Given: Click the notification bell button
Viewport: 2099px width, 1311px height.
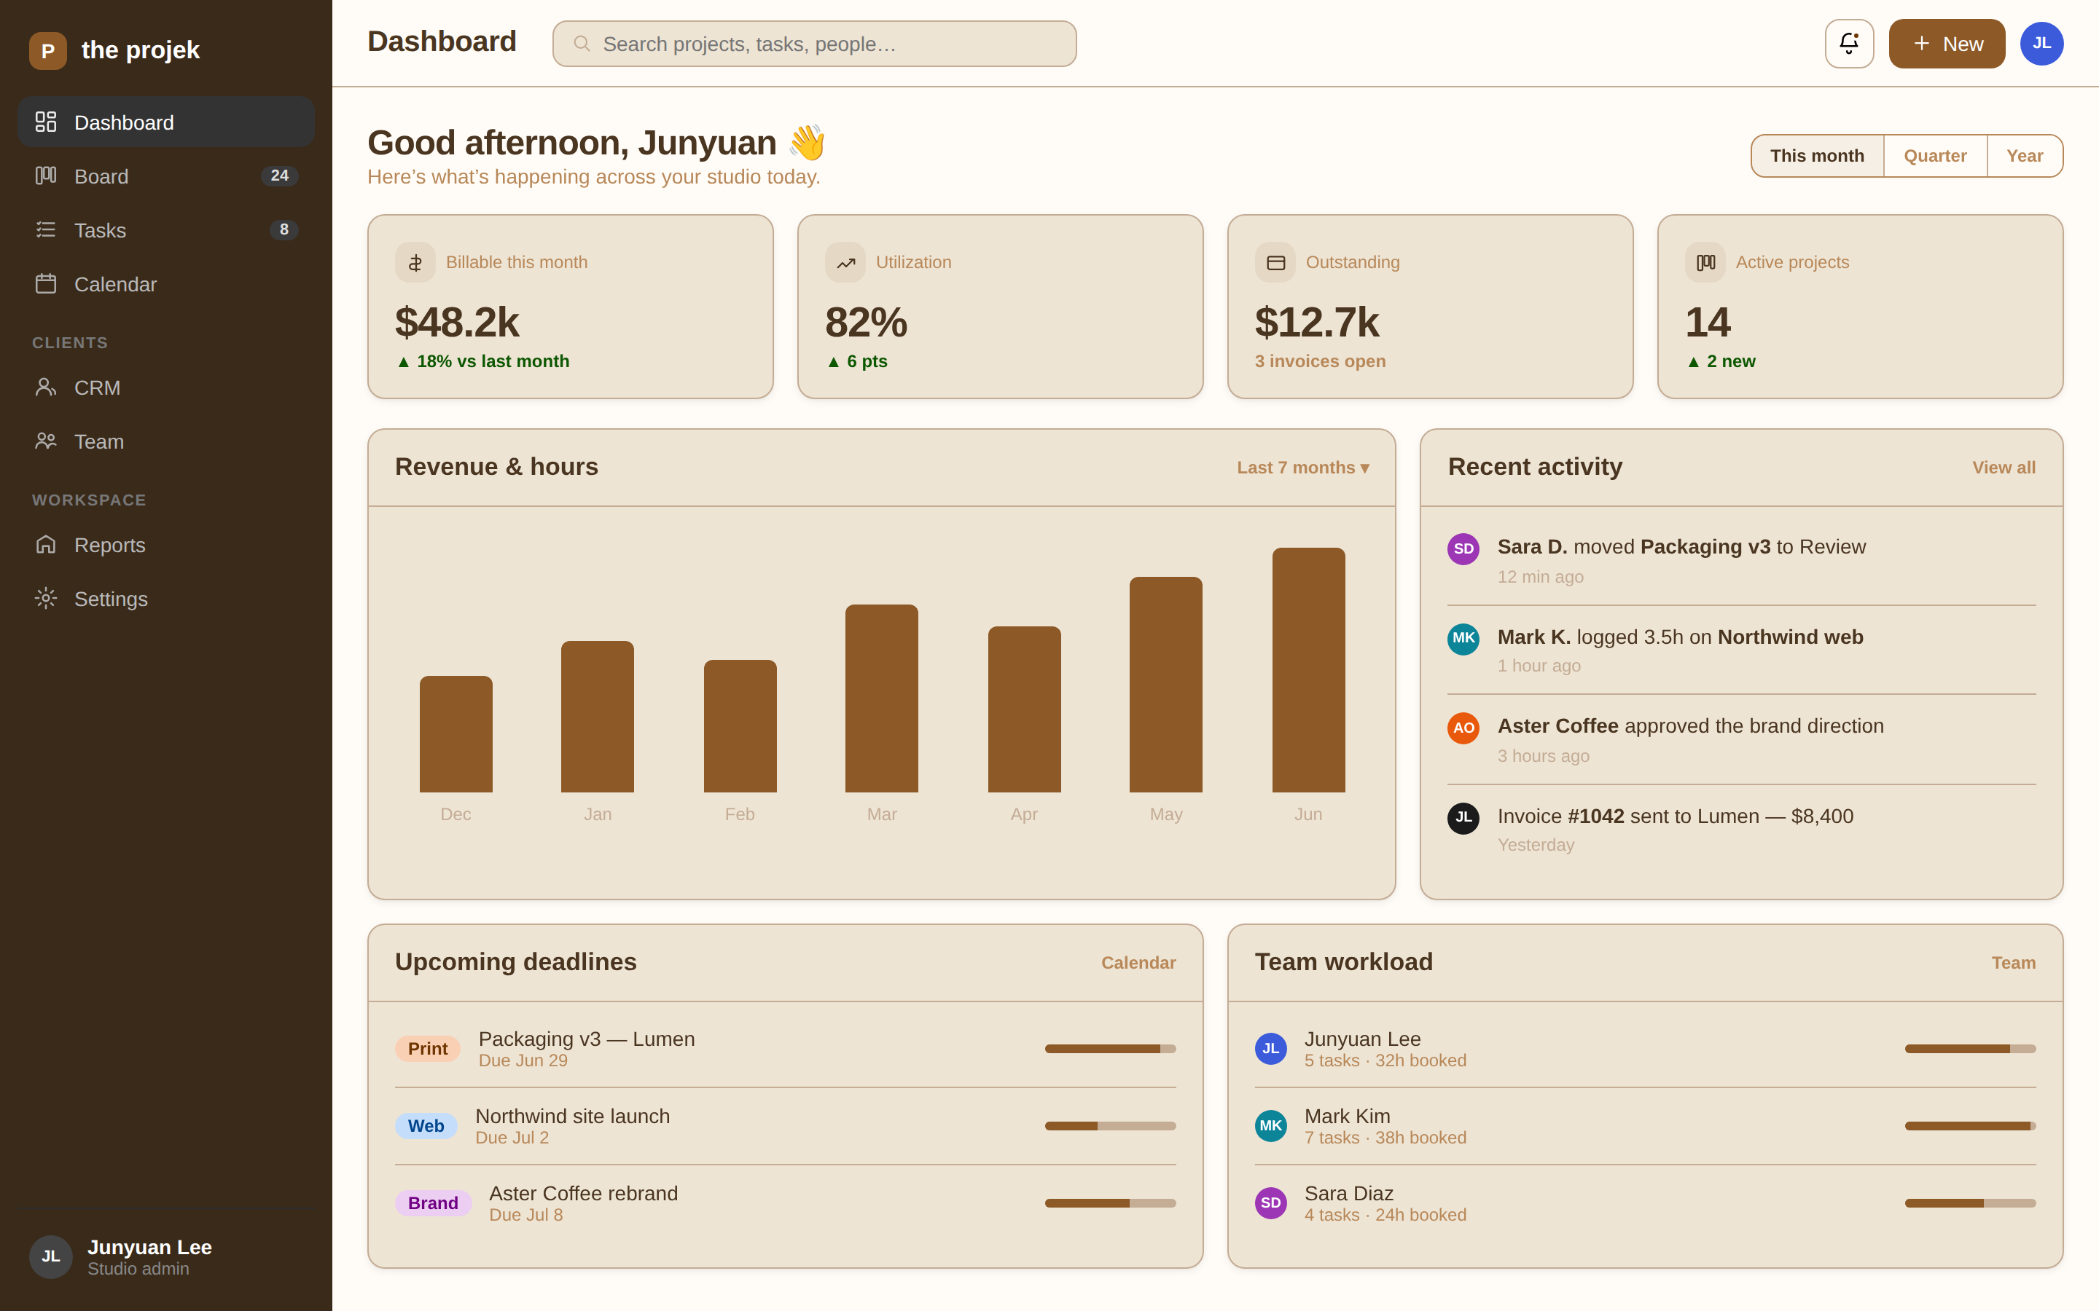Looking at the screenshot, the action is (x=1848, y=44).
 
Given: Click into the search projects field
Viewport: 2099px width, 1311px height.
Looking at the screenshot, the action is (x=814, y=44).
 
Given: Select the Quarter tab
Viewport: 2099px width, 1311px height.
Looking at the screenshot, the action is (x=1934, y=156).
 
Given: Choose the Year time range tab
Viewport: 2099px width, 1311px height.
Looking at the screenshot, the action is (x=2025, y=156).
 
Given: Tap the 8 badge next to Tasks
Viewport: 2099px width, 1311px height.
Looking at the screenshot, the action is (x=284, y=229).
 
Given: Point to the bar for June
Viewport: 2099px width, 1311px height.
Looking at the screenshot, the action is (x=1308, y=669).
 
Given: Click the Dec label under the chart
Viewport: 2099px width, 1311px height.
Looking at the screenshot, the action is (x=456, y=814).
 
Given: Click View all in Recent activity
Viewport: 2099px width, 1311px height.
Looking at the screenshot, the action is (x=2004, y=468).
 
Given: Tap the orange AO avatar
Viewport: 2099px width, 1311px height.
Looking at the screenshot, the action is (x=1463, y=728).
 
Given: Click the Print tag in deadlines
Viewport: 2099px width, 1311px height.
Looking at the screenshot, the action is (x=428, y=1048).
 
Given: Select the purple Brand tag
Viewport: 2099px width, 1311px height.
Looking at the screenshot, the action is (x=433, y=1202).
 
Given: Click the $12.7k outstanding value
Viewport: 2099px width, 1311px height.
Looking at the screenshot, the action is (x=1317, y=323).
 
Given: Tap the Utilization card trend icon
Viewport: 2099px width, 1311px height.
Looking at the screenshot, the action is (x=845, y=262).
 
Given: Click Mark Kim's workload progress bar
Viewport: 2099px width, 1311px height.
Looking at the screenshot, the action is (x=1970, y=1125).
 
